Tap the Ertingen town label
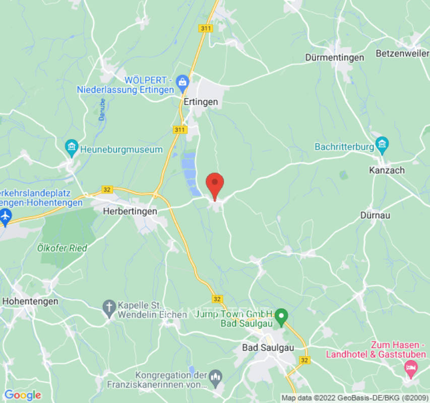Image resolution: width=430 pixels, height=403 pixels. coord(201,102)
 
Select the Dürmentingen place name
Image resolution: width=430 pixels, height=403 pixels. coord(334,57)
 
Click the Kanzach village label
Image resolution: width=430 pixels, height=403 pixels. coord(387,170)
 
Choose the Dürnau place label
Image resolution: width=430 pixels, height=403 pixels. coord(376,215)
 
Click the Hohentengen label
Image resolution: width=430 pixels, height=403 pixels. coord(30,301)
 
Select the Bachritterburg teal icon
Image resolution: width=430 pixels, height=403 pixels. coord(382,146)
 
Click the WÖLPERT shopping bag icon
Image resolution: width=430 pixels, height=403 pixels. coord(182,81)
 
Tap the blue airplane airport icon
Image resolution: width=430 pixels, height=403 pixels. coord(6,216)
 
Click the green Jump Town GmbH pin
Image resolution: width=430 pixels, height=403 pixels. coord(282,316)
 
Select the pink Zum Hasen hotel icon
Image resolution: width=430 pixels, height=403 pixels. coord(411,369)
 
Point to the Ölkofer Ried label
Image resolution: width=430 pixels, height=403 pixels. coord(62,248)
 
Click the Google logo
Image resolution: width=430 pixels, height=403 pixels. coord(22,395)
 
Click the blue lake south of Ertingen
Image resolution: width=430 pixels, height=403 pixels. coord(189,171)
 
